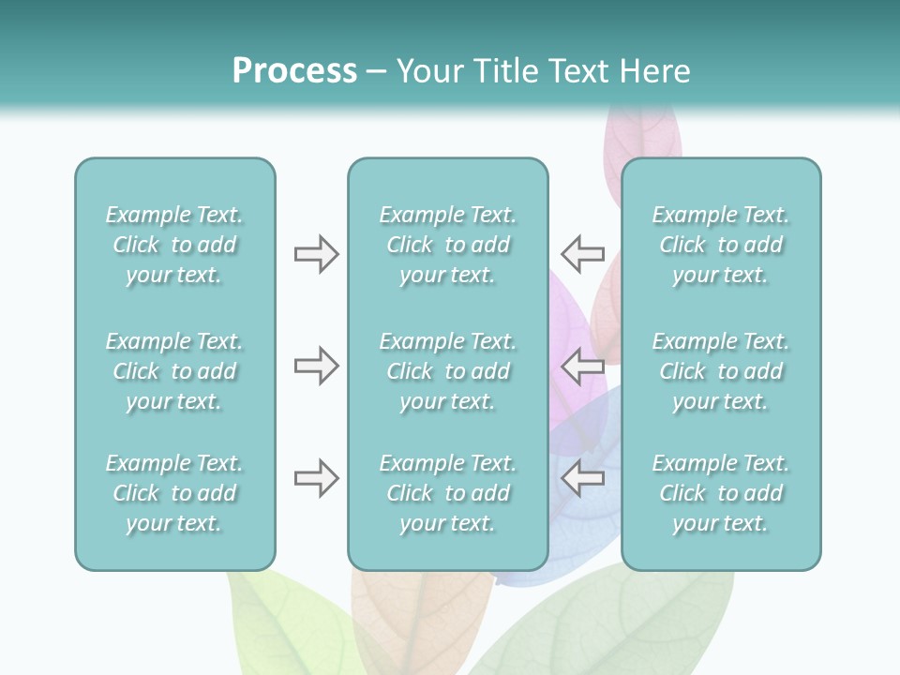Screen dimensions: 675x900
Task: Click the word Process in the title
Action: (x=294, y=71)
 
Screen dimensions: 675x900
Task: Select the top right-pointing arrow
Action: (x=316, y=254)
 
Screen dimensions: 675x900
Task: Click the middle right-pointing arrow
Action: (x=316, y=366)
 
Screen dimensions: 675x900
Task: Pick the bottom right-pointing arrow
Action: (x=316, y=478)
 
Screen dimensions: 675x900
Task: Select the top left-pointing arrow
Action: (x=583, y=254)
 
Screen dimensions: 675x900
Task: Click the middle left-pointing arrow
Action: (x=583, y=366)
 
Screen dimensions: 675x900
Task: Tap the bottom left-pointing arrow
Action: (x=583, y=478)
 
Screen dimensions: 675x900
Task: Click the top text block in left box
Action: (x=174, y=245)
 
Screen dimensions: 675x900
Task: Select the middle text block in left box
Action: (x=174, y=371)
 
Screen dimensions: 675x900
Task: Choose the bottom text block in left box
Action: (x=174, y=493)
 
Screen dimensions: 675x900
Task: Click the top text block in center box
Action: (x=447, y=245)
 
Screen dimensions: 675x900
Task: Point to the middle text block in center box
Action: (x=447, y=371)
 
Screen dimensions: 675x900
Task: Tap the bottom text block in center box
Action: (x=447, y=493)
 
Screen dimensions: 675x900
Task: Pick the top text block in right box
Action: (x=720, y=245)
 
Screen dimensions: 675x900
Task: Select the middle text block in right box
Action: (x=720, y=371)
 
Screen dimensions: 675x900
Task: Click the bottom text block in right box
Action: (x=720, y=493)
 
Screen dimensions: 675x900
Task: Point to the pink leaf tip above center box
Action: (x=642, y=131)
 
